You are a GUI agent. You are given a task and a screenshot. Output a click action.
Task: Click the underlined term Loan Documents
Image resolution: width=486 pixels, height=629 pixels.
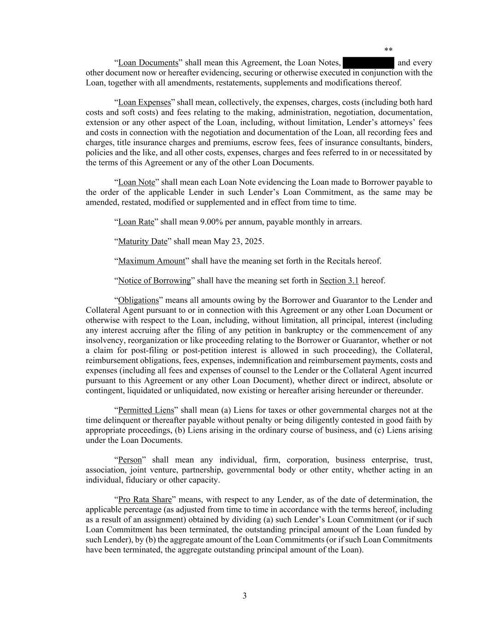click(x=148, y=63)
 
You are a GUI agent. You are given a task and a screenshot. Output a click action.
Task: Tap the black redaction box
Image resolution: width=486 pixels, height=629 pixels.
click(x=368, y=63)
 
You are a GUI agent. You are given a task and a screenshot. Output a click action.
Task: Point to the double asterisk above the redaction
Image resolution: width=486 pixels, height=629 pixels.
click(x=388, y=50)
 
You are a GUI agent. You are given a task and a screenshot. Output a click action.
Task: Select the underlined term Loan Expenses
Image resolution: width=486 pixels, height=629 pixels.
click(x=145, y=102)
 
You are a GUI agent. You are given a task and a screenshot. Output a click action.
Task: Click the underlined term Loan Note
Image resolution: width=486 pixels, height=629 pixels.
click(x=137, y=182)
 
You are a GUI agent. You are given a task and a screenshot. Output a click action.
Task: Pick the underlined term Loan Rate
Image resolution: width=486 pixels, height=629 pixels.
click(x=136, y=222)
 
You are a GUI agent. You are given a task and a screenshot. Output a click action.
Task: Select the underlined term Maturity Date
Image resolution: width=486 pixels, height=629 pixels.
click(x=143, y=241)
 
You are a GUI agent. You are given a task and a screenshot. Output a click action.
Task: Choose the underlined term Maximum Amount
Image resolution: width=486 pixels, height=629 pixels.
click(x=152, y=261)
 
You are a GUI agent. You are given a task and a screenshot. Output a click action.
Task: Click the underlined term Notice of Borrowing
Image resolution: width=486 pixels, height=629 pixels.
click(x=154, y=281)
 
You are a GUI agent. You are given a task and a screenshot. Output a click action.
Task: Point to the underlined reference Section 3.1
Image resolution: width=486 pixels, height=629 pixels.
click(x=339, y=281)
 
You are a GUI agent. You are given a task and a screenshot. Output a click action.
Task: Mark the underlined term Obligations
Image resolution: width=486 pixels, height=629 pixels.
click(x=138, y=300)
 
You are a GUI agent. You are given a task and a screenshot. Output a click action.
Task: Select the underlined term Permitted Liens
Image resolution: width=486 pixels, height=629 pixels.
click(x=146, y=411)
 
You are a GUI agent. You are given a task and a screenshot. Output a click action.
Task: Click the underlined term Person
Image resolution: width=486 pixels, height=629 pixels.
click(x=130, y=460)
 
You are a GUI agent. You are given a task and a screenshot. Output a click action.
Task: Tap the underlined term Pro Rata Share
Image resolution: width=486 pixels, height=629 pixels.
click(x=145, y=500)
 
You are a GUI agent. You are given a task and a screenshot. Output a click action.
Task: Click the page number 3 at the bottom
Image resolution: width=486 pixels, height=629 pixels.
click(x=245, y=596)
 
